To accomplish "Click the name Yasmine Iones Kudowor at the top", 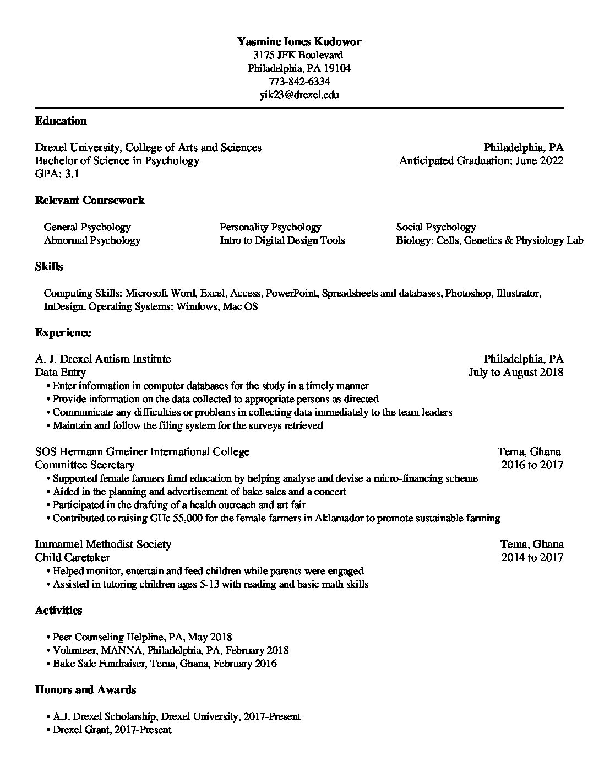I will point(299,41).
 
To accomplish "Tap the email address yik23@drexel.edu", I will point(299,94).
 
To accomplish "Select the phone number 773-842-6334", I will point(299,81).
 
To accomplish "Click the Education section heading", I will point(61,121).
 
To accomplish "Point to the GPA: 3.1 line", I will point(57,174).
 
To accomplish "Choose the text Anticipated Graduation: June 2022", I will point(481,160).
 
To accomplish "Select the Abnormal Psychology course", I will point(92,240).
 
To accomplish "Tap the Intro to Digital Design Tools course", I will point(282,240).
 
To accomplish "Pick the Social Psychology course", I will point(436,227).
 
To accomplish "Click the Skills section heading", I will point(48,266).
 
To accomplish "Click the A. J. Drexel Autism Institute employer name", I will point(102,359).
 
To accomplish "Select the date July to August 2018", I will point(515,372).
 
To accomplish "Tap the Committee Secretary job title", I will point(84,465).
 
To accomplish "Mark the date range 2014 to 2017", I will point(532,557).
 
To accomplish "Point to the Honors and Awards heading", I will point(85,689).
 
